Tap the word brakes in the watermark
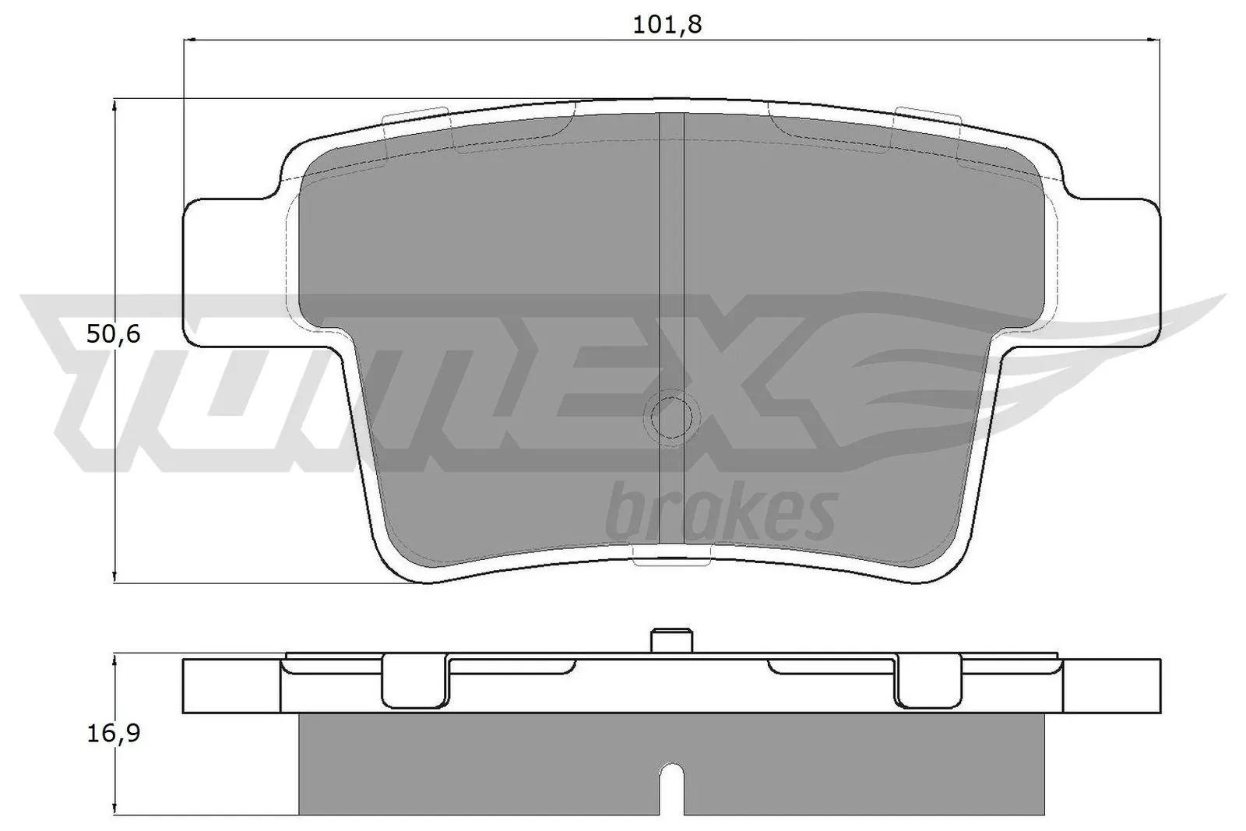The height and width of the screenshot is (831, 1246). coord(720,513)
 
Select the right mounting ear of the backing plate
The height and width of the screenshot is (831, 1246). coord(1114,272)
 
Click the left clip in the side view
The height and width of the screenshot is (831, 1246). coord(415,681)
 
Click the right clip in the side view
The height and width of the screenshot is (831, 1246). coord(927,681)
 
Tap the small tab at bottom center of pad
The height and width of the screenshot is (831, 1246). coord(673,554)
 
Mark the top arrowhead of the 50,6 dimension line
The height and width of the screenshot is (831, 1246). coord(114,104)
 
